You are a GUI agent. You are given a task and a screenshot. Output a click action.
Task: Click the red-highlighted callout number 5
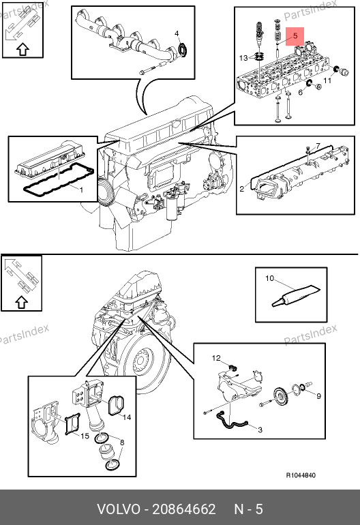295,36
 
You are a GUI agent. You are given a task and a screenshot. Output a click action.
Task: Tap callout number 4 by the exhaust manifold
177,33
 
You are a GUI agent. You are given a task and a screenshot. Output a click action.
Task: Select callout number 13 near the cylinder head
243,58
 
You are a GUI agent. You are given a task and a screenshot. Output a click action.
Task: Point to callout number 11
327,80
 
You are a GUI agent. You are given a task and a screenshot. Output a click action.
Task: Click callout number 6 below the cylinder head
301,92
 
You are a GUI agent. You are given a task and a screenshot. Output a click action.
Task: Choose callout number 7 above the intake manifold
318,146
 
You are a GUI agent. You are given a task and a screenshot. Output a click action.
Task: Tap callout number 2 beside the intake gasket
242,189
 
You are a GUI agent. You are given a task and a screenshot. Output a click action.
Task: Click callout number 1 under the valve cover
81,190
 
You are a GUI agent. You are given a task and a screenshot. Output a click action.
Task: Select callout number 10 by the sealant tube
269,278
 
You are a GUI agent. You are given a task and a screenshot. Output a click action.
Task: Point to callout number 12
216,358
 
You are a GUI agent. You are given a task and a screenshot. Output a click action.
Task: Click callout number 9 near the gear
318,396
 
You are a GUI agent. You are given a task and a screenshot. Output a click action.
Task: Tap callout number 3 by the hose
260,430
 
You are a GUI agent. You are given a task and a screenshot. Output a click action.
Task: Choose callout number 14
127,417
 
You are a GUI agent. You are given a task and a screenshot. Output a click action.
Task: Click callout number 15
85,436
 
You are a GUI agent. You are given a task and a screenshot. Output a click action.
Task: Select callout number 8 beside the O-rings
122,442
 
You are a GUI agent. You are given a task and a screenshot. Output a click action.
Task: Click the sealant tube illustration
295,295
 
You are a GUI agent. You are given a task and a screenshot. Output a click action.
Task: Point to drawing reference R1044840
301,475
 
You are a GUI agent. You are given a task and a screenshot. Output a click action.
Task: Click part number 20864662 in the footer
184,509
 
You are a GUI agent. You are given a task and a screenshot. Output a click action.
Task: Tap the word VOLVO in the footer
119,509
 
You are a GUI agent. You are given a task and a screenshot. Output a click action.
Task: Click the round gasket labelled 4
183,50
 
